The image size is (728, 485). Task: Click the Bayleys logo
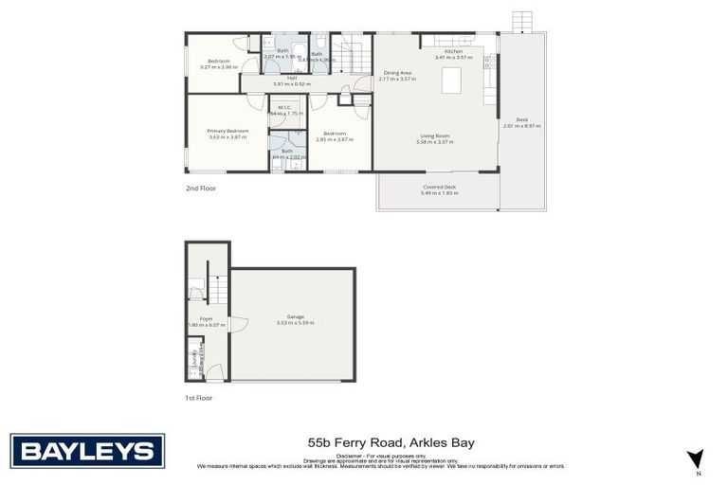tap(87, 451)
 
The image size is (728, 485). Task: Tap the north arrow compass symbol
tap(696, 458)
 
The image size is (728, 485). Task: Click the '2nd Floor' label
tap(201, 189)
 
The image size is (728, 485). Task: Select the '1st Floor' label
tap(199, 398)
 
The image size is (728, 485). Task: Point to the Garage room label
tap(295, 317)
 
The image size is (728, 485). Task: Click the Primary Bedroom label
tap(227, 131)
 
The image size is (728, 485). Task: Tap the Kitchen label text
tap(453, 51)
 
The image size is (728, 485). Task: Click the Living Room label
tap(435, 136)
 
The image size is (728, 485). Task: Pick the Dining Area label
tap(397, 73)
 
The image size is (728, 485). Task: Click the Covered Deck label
tap(439, 187)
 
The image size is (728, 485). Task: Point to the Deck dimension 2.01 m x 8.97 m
tap(521, 125)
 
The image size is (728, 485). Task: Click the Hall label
tap(280, 79)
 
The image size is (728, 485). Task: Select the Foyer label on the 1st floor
tap(206, 319)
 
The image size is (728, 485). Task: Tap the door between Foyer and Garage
tap(236, 324)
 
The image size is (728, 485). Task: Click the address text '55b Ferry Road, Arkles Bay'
tap(391, 442)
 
